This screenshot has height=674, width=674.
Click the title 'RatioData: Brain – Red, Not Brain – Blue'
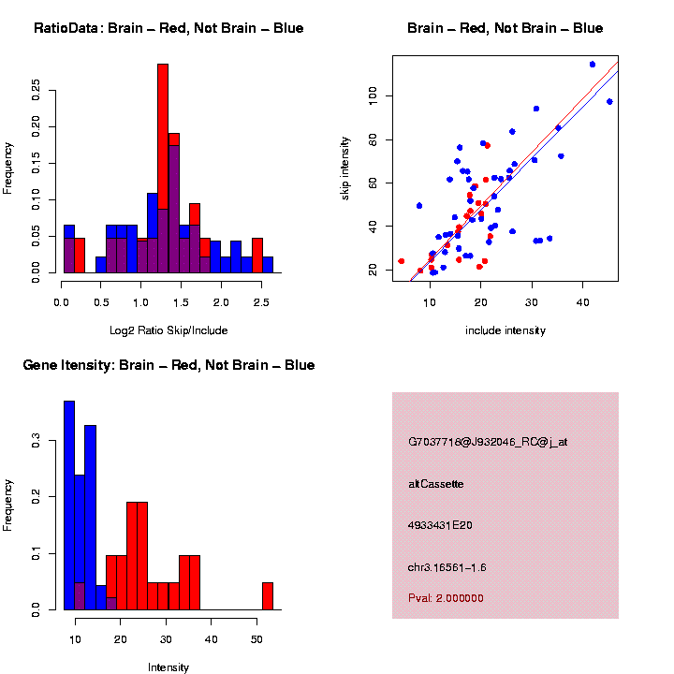click(x=168, y=28)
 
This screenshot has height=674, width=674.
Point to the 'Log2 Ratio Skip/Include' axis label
click(x=168, y=330)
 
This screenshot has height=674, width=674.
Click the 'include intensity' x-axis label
click(x=505, y=330)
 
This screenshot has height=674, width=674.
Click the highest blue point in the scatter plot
click(x=593, y=64)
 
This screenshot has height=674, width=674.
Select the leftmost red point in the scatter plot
click(x=402, y=261)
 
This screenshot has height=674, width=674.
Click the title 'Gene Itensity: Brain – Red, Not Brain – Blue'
click(x=168, y=365)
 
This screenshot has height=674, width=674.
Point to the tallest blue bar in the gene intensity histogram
click(x=69, y=505)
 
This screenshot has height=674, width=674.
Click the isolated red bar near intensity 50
click(x=268, y=596)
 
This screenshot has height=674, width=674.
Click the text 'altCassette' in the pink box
click(x=436, y=484)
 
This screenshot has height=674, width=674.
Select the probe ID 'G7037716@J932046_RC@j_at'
click(x=488, y=442)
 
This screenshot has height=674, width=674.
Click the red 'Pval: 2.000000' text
click(x=446, y=597)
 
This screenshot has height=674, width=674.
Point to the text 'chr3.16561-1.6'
click(x=447, y=567)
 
